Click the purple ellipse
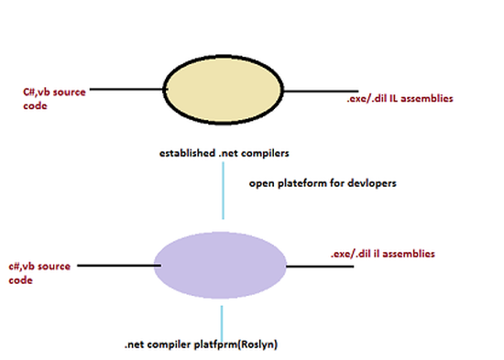pos(220,265)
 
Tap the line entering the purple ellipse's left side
pos(115,266)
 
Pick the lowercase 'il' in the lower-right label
pos(377,252)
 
